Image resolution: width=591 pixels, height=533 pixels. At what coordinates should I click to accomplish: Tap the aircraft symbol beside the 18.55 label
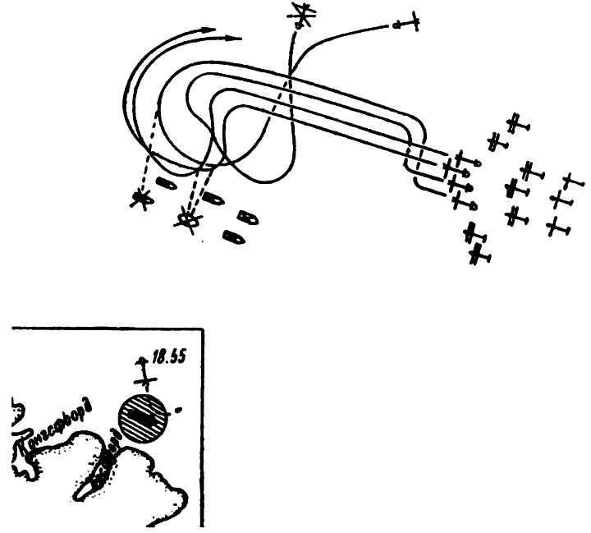145,374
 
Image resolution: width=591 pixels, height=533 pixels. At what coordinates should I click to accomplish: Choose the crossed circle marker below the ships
189,219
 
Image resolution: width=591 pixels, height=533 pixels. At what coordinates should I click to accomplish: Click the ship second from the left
213,198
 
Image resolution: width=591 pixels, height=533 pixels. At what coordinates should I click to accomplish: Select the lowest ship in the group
232,237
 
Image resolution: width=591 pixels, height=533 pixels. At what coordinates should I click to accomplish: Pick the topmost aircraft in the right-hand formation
517,126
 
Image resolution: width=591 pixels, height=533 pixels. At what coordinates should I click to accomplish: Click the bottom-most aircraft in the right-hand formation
479,257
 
